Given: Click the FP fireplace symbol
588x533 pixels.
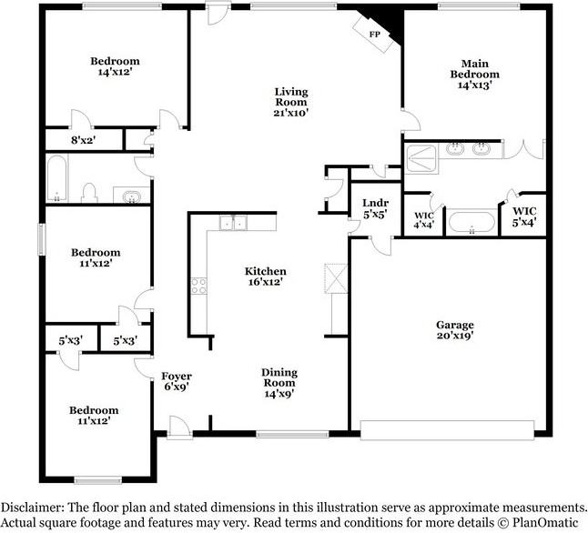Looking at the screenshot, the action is (374, 35).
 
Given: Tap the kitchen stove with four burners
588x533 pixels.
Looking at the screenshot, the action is (198, 286).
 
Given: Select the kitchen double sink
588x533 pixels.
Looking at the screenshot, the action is (233, 223).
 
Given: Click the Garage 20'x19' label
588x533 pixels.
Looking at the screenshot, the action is (455, 330).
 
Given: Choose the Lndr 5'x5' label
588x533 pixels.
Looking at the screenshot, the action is (375, 208).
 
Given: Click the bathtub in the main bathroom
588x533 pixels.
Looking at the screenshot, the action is (472, 223).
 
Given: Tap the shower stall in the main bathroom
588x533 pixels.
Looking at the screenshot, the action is (421, 158).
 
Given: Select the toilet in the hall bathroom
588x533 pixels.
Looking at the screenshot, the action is (89, 193).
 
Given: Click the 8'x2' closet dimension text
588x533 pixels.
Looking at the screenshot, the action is (83, 140).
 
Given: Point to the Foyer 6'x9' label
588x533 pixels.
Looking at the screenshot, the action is (177, 381).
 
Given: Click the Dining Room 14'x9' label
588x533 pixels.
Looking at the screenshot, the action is (279, 383).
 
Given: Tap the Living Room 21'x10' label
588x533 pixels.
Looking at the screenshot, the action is (291, 102).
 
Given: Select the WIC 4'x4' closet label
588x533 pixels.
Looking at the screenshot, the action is (424, 220).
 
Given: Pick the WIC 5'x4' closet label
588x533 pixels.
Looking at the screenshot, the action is (524, 216).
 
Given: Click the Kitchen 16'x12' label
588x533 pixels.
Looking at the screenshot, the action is (265, 277).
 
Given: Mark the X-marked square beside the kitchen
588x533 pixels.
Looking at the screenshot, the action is (336, 278).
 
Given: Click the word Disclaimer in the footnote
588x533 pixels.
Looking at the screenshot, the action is (32, 508).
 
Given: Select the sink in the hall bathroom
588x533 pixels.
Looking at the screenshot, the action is (131, 196).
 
